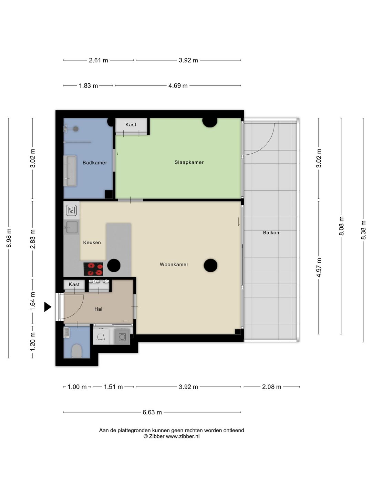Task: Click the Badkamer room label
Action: pos(95,163)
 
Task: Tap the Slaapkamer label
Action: pos(189,162)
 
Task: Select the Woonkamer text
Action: pos(174,265)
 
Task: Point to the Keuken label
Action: pos(92,242)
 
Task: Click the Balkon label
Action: pos(271,232)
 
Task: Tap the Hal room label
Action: pos(98,309)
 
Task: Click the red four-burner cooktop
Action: pos(93,269)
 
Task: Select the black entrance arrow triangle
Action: pos(48,307)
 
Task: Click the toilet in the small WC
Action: pos(76,351)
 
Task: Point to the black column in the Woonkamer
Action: pos(210,265)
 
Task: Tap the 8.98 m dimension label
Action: pos(9,238)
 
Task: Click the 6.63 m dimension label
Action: pos(152,412)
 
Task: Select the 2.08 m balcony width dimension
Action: pos(271,386)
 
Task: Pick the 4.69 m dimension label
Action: pos(178,86)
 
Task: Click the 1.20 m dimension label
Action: pos(32,342)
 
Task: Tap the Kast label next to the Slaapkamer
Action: pos(131,124)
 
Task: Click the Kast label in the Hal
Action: pos(74,284)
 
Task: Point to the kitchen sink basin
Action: pos(72,227)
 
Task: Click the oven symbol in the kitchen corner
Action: pos(71,210)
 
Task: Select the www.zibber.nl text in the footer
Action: pos(183,436)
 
